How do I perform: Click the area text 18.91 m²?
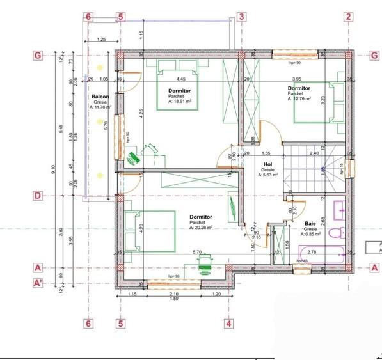pyautogui.click(x=180, y=101)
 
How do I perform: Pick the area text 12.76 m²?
pyautogui.click(x=299, y=98)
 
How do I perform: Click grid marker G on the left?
pyautogui.click(x=39, y=56)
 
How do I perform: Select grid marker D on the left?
pyautogui.click(x=39, y=196)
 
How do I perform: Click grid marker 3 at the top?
pyautogui.click(x=241, y=17)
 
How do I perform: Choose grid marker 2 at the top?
pyautogui.click(x=348, y=17)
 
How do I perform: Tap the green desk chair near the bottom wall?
pyautogui.click(x=205, y=263)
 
